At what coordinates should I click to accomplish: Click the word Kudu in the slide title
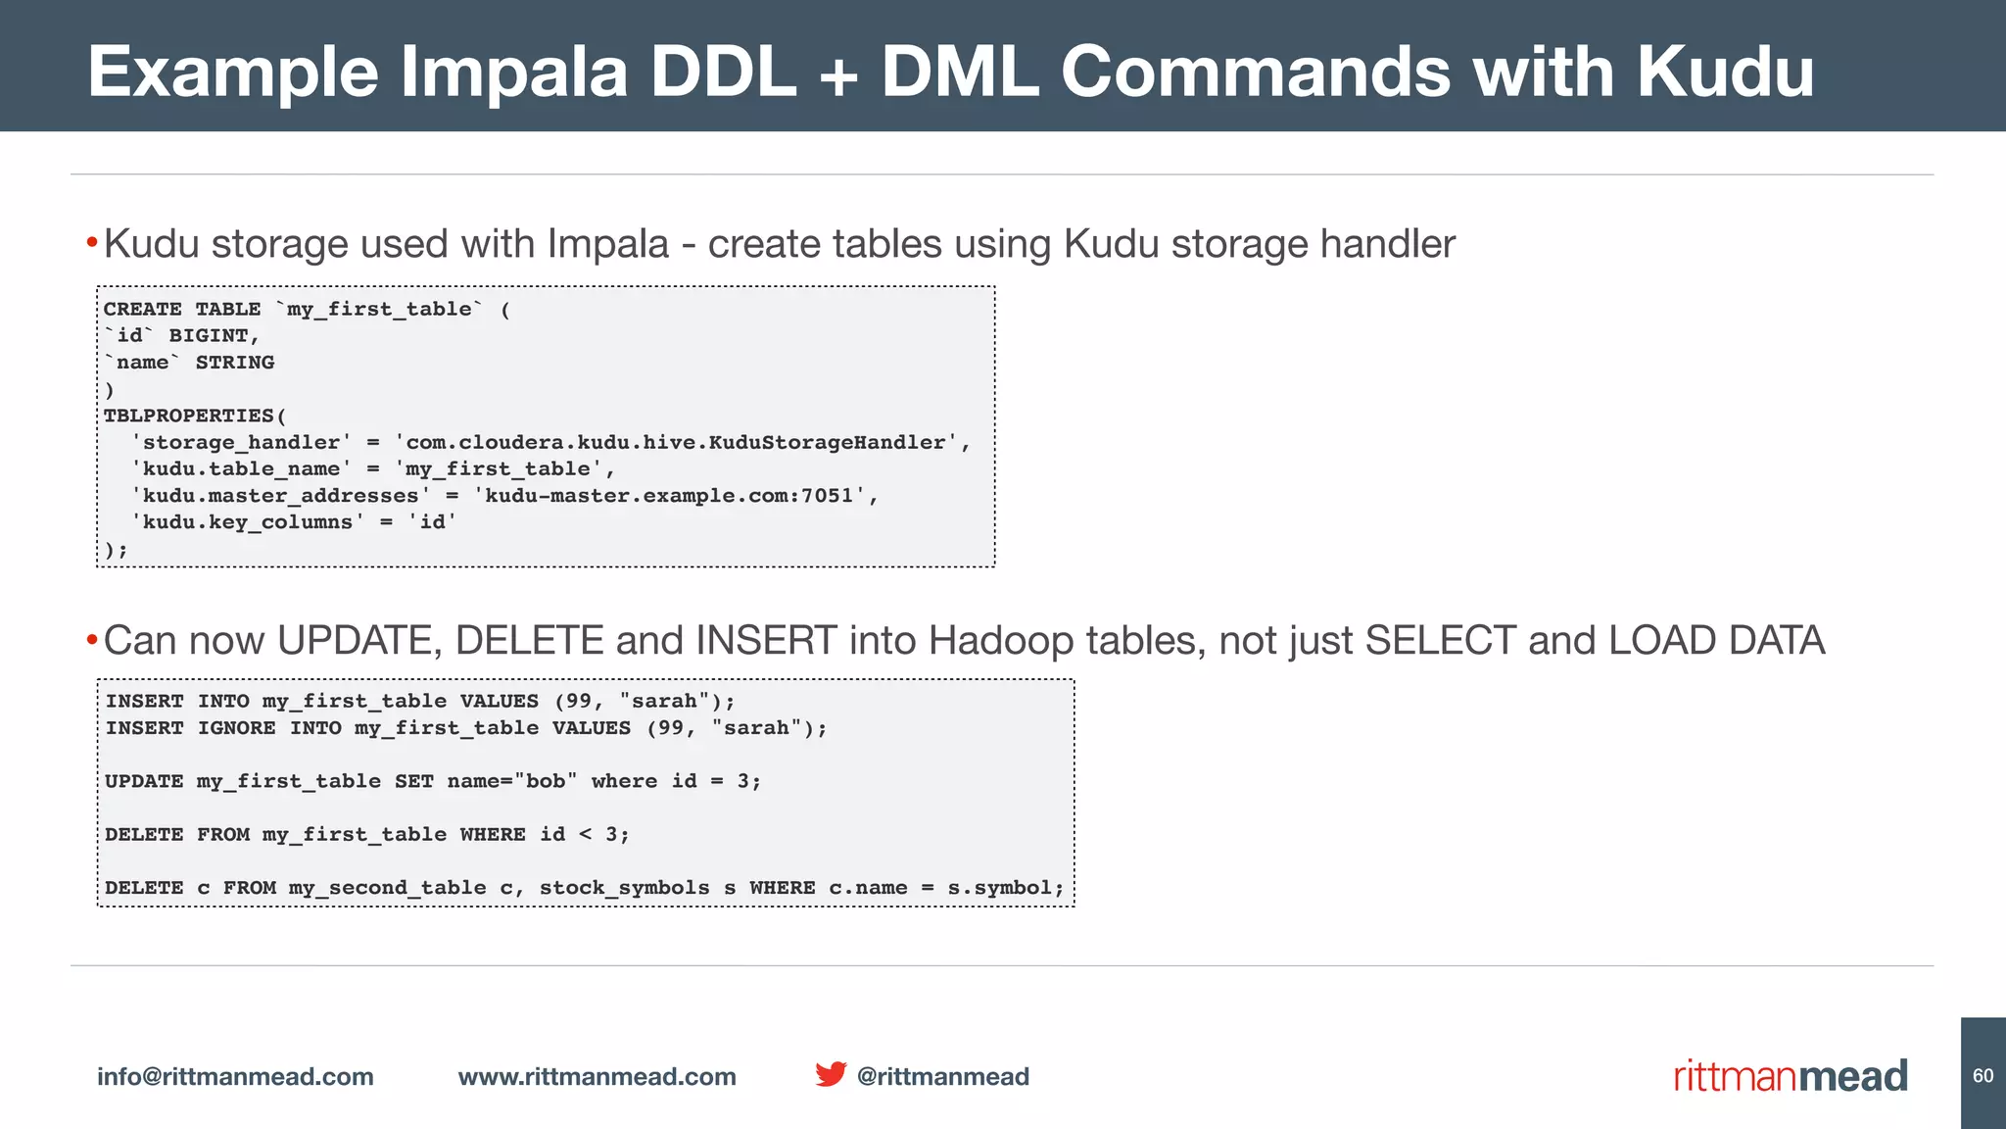point(1725,72)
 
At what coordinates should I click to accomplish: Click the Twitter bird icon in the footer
point(831,1074)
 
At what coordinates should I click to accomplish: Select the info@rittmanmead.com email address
point(235,1076)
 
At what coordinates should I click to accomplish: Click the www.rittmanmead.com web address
point(597,1076)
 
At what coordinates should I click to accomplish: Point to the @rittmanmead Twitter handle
point(942,1076)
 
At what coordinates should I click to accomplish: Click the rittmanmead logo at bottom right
point(1791,1076)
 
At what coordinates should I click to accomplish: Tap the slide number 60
point(1982,1076)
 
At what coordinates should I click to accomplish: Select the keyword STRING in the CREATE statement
point(235,363)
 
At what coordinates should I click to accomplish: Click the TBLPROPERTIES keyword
point(189,416)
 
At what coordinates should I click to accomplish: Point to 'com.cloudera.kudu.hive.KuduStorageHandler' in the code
point(676,443)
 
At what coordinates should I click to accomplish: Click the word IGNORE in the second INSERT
point(236,728)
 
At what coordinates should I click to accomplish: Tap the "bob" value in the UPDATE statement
point(546,781)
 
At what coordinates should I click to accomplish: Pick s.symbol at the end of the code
point(999,888)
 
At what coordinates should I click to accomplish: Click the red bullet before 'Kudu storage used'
point(91,242)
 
